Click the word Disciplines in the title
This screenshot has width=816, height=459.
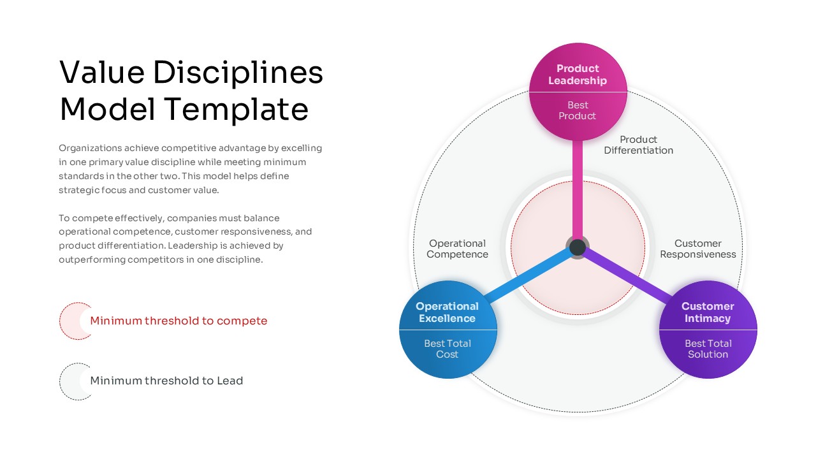[238, 73]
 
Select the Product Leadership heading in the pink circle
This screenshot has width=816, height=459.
[578, 75]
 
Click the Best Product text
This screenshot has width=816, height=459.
[578, 110]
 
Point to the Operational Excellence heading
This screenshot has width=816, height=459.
[447, 312]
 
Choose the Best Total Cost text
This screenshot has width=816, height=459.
[447, 349]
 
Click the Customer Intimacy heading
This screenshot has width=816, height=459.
[708, 312]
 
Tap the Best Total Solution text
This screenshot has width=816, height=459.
[708, 349]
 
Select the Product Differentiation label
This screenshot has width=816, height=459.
[638, 145]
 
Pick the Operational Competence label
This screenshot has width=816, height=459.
[457, 249]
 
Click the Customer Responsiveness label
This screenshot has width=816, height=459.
[697, 249]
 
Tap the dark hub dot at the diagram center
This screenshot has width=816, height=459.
[578, 247]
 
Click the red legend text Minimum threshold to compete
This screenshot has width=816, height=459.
[178, 321]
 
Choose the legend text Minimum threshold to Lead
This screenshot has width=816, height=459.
[166, 381]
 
